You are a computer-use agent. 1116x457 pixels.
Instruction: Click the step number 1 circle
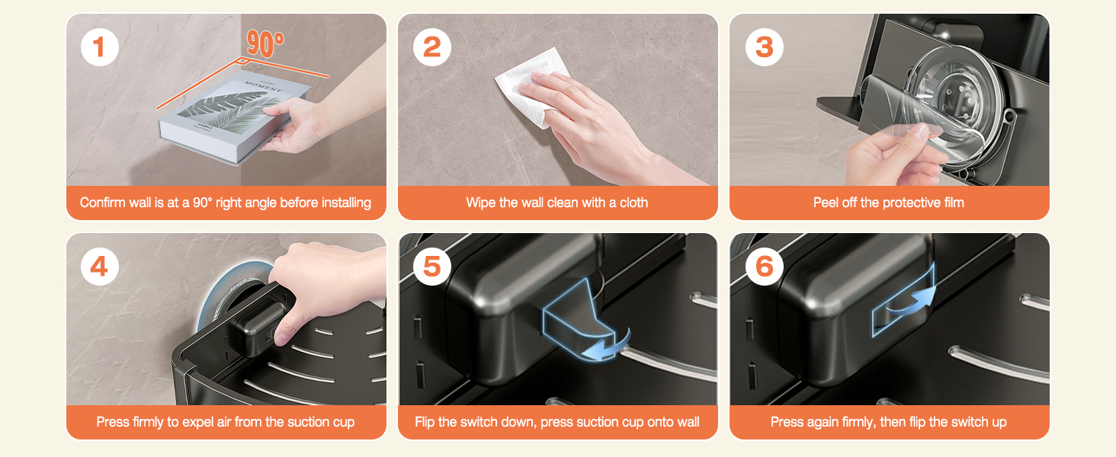coord(100,47)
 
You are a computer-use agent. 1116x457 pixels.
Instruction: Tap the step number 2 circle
coord(432,47)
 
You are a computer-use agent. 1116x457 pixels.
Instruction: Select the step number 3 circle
coord(765,47)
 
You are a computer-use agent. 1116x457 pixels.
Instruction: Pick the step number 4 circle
coord(100,267)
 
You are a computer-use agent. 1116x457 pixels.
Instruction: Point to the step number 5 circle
coord(432,267)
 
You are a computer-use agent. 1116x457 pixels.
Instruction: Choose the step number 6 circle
coord(765,267)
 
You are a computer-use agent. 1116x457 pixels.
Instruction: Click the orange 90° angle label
coord(265,43)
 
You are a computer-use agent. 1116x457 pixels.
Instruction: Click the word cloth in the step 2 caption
coord(633,203)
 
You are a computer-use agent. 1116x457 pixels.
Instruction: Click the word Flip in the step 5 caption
coord(425,422)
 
